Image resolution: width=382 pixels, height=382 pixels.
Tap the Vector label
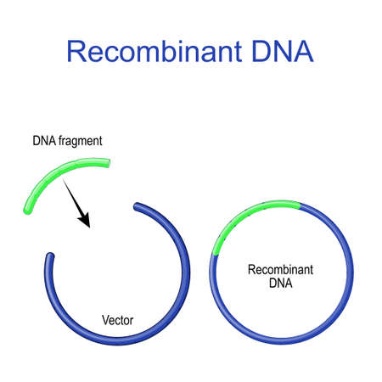[x=116, y=320]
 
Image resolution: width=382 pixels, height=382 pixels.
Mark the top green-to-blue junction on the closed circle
[x=300, y=204]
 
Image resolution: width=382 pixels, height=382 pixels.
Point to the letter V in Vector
[x=104, y=320]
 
